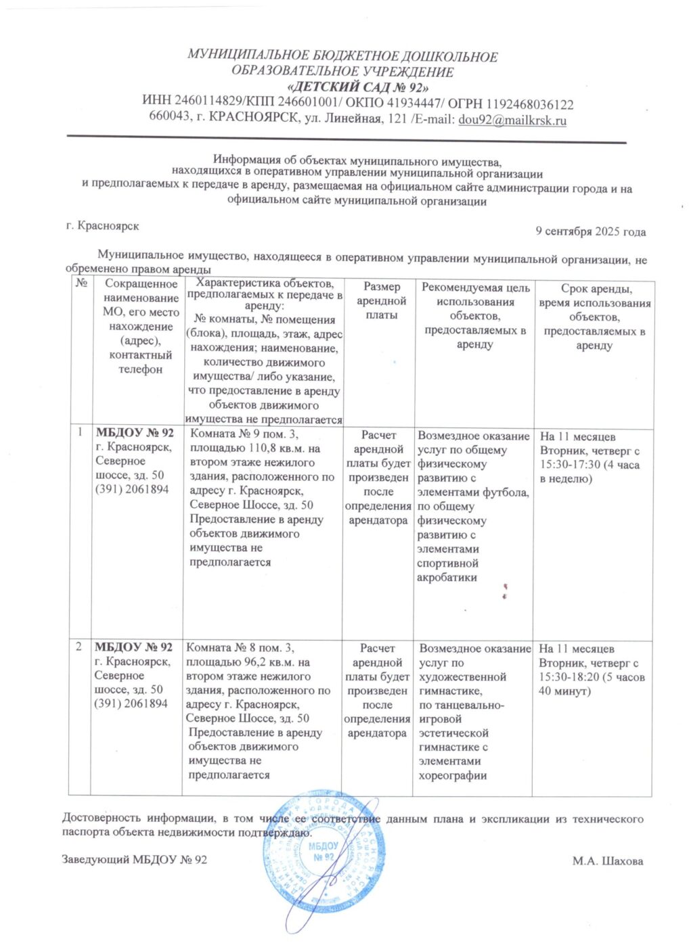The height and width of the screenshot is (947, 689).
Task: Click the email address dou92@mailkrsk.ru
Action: [x=512, y=120]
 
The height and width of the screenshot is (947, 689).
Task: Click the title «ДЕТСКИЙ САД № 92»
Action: [x=359, y=87]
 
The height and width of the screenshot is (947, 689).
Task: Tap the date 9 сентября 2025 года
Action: [x=590, y=231]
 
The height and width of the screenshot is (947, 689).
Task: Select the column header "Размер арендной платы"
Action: [x=381, y=301]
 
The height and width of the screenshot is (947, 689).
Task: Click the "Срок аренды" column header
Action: [x=594, y=317]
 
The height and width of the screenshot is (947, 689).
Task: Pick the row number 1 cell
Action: [x=80, y=432]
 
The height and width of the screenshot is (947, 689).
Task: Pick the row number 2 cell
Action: [x=79, y=647]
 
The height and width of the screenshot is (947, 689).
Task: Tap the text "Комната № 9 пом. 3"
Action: [x=244, y=434]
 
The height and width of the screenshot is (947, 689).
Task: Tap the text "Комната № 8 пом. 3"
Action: [x=240, y=648]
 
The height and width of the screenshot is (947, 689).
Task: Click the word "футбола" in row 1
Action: [x=505, y=492]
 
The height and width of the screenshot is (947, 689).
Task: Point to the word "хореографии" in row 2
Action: [x=452, y=776]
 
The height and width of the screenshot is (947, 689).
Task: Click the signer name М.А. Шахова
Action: [x=607, y=861]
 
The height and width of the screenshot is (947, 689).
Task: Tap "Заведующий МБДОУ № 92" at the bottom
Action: [x=134, y=860]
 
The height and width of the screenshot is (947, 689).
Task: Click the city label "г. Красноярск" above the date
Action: [x=102, y=225]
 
